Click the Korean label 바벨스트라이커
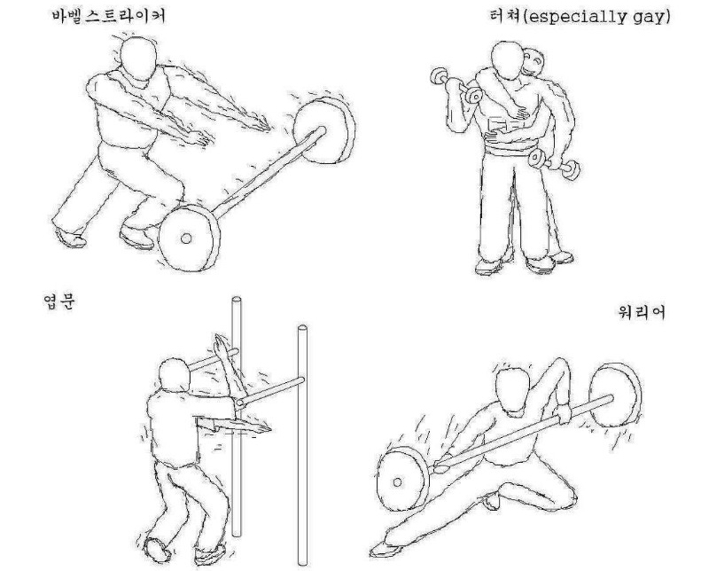click(x=109, y=17)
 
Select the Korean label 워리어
click(x=642, y=312)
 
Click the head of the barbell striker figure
click(x=138, y=59)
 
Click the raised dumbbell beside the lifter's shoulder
click(x=456, y=85)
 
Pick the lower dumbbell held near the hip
click(x=554, y=164)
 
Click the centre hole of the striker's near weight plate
click(x=186, y=239)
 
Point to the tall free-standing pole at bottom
click(x=303, y=445)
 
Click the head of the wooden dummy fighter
click(x=175, y=376)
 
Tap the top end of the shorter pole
click(x=237, y=300)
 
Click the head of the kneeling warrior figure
click(x=513, y=390)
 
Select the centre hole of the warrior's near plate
click(x=397, y=482)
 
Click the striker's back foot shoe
click(x=70, y=239)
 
